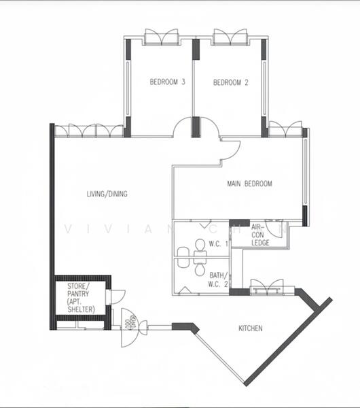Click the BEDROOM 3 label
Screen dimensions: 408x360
coord(168,83)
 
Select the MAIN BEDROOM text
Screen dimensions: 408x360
coord(249,184)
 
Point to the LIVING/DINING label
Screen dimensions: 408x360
coord(107,194)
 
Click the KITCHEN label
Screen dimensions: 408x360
coord(250,328)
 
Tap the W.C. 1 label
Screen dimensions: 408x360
coord(217,243)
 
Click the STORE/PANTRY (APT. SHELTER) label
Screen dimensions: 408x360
coord(81,297)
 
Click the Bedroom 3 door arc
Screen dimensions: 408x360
coord(181,127)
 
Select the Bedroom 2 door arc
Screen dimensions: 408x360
coord(209,127)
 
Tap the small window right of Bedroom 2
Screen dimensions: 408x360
coord(285,128)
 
